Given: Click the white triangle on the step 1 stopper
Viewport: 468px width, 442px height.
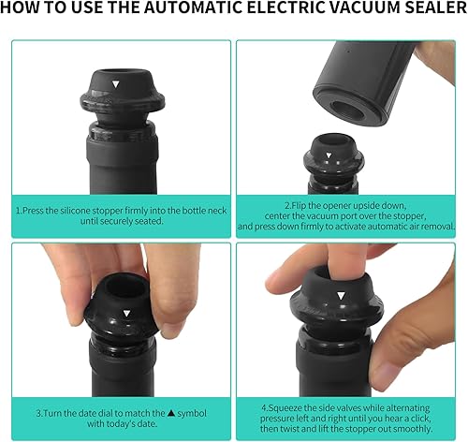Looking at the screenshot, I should [x=115, y=84].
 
